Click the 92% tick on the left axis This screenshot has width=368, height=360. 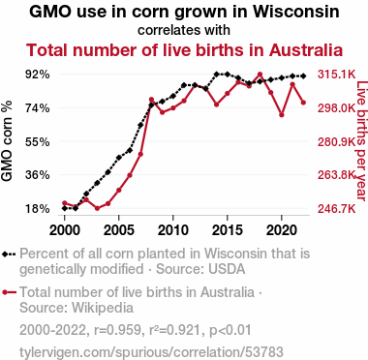click(38, 75)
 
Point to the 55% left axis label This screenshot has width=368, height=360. click(38, 141)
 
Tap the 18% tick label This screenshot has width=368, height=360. click(38, 209)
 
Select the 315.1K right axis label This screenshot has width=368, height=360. click(337, 75)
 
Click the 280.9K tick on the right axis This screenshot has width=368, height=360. click(337, 141)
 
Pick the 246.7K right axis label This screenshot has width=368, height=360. click(337, 209)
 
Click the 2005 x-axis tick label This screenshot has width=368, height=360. click(119, 230)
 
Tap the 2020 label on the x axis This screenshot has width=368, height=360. click(282, 230)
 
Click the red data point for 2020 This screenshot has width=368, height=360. click(282, 115)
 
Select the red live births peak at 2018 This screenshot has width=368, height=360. click(261, 75)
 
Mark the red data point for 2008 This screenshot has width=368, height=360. click(151, 100)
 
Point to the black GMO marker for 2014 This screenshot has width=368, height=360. click(217, 75)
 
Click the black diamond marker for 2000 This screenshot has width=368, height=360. click(65, 208)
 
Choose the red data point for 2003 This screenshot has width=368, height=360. click(97, 208)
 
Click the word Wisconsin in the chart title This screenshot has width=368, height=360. click(295, 13)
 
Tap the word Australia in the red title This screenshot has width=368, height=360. click(306, 50)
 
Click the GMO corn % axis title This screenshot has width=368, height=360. click(7, 141)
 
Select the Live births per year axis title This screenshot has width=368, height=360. click(362, 141)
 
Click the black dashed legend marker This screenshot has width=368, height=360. click(9, 255)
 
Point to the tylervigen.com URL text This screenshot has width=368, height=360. click(151, 351)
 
